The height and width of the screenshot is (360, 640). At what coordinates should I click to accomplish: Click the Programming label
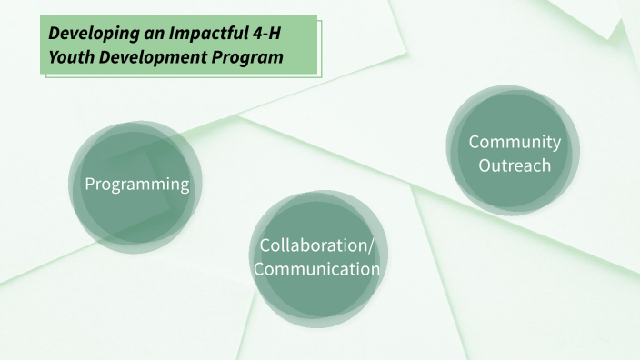tap(136, 185)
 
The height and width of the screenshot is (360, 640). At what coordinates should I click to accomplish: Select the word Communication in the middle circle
tap(316, 269)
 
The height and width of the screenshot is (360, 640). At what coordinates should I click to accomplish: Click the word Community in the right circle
tap(514, 142)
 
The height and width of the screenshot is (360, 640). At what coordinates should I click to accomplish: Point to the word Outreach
tap(515, 165)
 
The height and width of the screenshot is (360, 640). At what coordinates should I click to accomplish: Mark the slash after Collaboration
tap(371, 245)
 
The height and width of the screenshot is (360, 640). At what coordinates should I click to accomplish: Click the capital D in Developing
tap(55, 35)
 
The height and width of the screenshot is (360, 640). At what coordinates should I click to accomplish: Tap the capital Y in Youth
tap(54, 57)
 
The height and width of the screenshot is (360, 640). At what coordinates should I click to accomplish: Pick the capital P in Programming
tap(89, 185)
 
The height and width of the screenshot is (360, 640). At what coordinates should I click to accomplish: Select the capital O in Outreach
tap(485, 165)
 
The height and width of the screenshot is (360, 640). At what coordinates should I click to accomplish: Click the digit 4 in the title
tap(255, 35)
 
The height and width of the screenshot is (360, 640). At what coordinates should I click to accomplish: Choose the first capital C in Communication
tap(259, 269)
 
